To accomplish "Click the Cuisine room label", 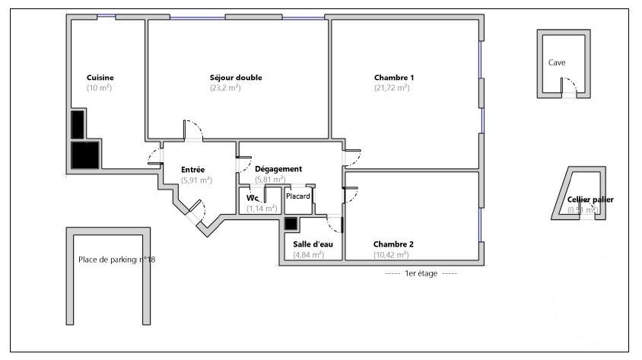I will [x=100, y=78].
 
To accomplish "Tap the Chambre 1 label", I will [x=393, y=78].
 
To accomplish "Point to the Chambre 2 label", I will [x=393, y=244].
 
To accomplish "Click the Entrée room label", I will [x=193, y=169].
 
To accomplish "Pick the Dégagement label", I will [x=278, y=169].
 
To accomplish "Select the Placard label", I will [x=297, y=196].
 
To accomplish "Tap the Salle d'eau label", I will [x=309, y=244].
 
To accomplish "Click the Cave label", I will [x=557, y=63].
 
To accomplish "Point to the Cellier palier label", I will [x=590, y=199].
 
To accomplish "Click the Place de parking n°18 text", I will [x=116, y=260].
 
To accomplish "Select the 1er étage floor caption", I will [x=421, y=272].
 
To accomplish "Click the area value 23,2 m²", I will [x=225, y=88].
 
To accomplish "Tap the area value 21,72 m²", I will [x=392, y=88].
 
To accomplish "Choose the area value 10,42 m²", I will [x=392, y=255].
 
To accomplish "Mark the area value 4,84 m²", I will [x=309, y=255].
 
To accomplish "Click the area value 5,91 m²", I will [x=196, y=180].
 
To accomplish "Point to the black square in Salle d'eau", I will [x=291, y=224].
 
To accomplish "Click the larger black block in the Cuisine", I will [x=84, y=155].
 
